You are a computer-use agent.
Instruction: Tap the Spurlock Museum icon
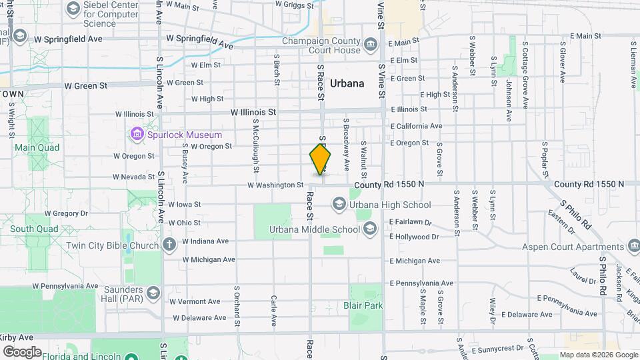click(137, 135)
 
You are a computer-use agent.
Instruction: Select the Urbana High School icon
click(339, 204)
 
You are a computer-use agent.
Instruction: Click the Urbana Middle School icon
click(370, 230)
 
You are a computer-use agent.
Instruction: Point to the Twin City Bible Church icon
click(169, 244)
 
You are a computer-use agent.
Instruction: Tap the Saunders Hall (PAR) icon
click(153, 293)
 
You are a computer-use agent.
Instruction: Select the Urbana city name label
click(347, 83)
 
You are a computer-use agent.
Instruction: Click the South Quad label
click(30, 229)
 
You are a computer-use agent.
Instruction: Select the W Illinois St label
click(253, 113)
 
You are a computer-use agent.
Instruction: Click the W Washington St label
click(275, 185)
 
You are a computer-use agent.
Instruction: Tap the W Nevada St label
click(133, 177)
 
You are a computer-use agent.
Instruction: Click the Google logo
click(22, 351)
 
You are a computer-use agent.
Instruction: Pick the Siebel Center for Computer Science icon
click(73, 10)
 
